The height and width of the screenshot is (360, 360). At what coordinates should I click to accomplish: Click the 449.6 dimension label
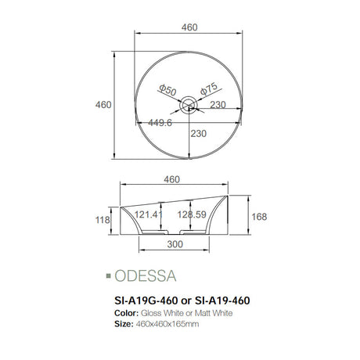tap(160, 123)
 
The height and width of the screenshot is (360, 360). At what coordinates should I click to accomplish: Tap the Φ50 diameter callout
tap(167, 90)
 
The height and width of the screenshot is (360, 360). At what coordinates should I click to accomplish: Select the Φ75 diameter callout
tap(209, 88)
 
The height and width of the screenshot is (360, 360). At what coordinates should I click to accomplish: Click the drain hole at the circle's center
tap(189, 105)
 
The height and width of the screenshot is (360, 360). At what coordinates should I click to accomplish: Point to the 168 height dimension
tap(259, 217)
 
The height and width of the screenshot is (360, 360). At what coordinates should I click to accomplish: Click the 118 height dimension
tap(103, 220)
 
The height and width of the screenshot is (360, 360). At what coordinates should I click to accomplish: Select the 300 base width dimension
tap(175, 244)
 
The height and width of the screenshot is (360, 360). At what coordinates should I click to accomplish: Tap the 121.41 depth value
tap(149, 214)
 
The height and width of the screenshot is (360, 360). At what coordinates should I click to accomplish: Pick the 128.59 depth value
tap(192, 214)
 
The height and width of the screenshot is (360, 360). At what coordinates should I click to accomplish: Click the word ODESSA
tap(146, 276)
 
